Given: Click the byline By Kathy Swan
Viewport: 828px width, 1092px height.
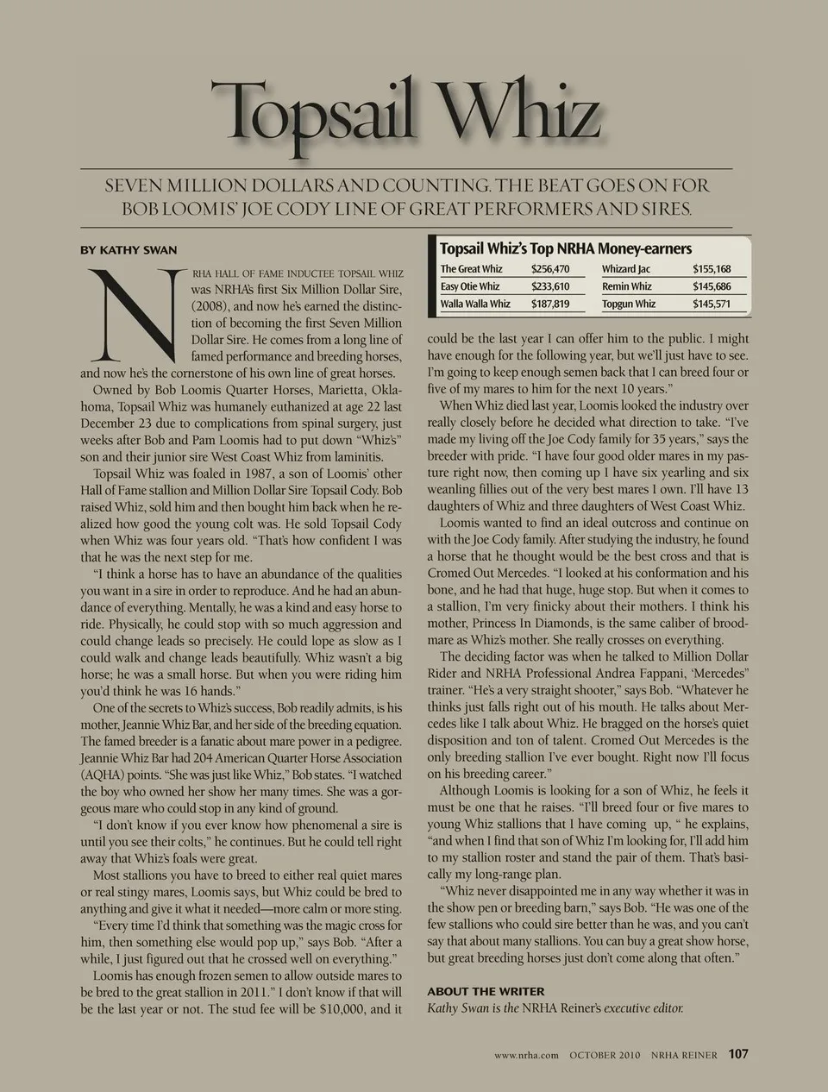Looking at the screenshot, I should click(x=129, y=250).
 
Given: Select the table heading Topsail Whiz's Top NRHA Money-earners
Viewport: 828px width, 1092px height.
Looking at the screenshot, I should click(x=566, y=248).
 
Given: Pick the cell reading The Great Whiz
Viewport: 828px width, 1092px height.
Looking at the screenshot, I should click(x=471, y=269).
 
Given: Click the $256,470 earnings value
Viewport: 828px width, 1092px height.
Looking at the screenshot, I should click(x=550, y=269).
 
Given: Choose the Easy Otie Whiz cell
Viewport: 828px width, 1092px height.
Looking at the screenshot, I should click(x=470, y=286).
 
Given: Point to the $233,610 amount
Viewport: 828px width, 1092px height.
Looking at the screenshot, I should click(x=550, y=286).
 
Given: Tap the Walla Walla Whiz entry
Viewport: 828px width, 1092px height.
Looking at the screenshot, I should click(x=475, y=304).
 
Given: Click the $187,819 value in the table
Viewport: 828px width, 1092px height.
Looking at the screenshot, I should click(x=550, y=304).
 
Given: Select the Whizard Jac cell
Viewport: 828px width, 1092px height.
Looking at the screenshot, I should click(x=626, y=269).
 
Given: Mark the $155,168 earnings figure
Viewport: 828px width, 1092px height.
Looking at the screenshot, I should click(x=712, y=269).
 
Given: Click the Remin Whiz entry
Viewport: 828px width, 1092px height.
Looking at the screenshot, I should click(x=627, y=286).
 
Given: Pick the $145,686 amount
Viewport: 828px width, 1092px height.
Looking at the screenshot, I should click(x=712, y=286).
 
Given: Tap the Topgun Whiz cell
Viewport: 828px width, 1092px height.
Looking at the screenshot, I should click(x=629, y=304).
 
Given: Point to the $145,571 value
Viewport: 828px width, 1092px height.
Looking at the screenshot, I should click(x=712, y=304).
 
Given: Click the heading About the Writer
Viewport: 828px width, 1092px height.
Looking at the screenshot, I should click(x=486, y=991).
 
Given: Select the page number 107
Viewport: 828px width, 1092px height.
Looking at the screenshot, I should click(x=738, y=1053).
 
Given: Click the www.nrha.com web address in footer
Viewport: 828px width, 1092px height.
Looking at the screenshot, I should click(x=527, y=1054).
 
